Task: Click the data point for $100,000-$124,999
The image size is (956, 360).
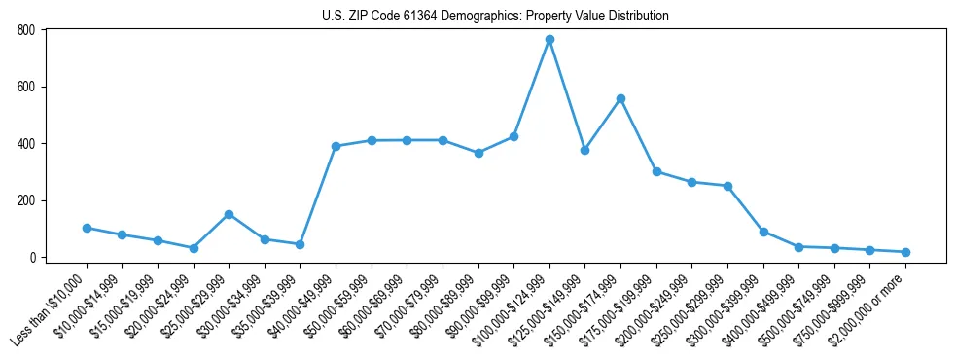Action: [549, 39]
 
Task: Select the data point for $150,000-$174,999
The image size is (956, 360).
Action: [620, 98]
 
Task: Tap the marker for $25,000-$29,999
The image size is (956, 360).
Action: [229, 214]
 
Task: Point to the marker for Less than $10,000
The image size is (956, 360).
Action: [87, 228]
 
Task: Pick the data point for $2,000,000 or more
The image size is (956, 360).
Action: [905, 252]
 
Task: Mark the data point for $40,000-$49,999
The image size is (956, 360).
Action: [336, 146]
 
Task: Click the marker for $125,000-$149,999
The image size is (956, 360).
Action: [584, 150]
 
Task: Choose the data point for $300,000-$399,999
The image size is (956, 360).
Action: [763, 232]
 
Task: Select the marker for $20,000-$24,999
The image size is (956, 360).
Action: [194, 248]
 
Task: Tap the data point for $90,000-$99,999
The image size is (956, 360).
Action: [513, 136]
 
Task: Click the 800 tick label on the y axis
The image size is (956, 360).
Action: [26, 30]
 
